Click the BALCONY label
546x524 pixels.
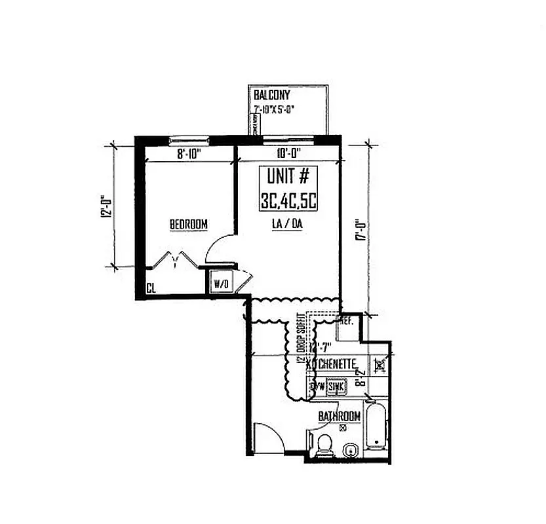pos(271,95)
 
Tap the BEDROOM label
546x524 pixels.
pos(189,225)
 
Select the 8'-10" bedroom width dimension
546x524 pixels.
pos(188,155)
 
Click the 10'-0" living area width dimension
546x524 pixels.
pos(289,155)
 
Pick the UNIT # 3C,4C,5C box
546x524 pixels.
pos(289,189)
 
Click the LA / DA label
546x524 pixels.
pos(287,224)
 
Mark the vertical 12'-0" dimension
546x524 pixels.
pos(104,206)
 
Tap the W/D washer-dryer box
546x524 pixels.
pos(220,284)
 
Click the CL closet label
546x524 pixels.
pos(151,288)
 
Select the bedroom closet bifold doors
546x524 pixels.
pos(175,261)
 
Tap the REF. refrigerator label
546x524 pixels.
pos(345,322)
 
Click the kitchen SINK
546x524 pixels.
pos(336,387)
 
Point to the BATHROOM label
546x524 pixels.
pos(339,417)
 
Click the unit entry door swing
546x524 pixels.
pos(267,436)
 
